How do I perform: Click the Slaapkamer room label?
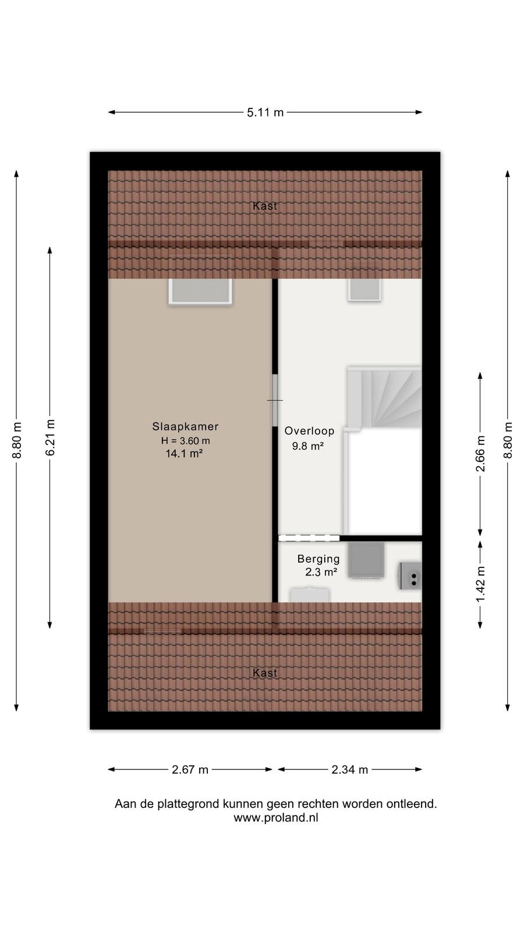(185, 426)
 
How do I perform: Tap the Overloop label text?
(309, 431)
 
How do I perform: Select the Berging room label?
(318, 559)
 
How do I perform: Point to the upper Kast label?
(265, 206)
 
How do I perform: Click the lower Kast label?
(265, 673)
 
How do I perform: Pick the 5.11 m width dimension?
(265, 112)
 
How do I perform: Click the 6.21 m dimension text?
(50, 437)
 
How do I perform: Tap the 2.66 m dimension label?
(480, 454)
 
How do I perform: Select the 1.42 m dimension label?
(480, 584)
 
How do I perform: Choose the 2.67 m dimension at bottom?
(190, 769)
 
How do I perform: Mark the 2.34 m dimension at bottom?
(350, 769)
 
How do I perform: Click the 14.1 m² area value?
(184, 454)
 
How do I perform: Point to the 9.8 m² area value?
(308, 446)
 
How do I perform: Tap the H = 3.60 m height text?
(186, 440)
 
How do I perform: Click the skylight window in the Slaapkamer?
(200, 291)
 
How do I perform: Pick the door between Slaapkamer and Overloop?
(275, 400)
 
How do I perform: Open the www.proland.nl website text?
(276, 818)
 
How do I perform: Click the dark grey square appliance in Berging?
(366, 560)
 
